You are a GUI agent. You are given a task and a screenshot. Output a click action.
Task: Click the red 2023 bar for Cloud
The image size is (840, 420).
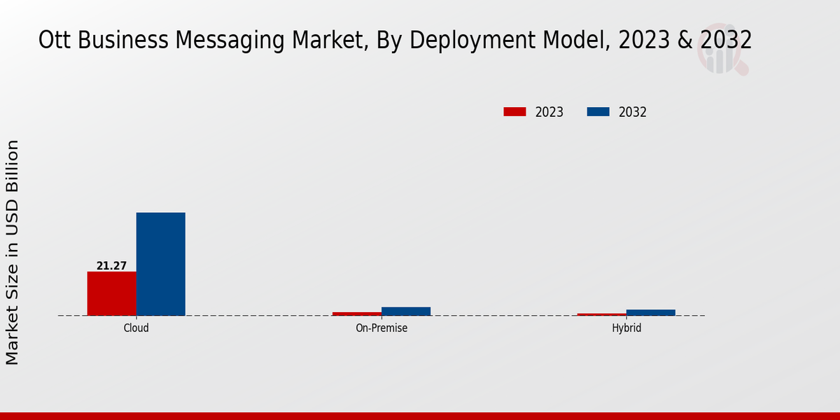click(111, 293)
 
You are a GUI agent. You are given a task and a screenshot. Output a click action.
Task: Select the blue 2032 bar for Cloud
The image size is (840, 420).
click(160, 264)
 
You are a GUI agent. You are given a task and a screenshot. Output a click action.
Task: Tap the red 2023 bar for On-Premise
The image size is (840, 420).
click(356, 314)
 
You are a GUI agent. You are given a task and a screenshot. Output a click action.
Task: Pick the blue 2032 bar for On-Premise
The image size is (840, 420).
click(405, 311)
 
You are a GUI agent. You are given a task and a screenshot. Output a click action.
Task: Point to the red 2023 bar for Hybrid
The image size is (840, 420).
click(601, 314)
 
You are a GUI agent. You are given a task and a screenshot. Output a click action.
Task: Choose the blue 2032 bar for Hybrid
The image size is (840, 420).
click(650, 312)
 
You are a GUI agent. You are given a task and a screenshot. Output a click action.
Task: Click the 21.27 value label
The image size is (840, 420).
click(111, 266)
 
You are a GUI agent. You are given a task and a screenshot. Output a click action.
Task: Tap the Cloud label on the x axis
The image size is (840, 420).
click(136, 328)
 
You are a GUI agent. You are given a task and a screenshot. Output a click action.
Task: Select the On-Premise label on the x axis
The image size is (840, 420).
click(381, 328)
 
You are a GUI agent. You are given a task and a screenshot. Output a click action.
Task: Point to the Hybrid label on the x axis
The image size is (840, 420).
click(626, 328)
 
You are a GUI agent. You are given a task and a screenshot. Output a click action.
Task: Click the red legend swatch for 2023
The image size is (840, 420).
click(514, 112)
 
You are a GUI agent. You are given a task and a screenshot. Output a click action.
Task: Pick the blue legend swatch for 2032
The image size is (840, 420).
click(598, 112)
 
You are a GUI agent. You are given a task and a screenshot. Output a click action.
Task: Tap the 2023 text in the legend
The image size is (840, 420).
click(549, 112)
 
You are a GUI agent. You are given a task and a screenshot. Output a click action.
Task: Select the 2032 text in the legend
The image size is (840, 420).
click(633, 112)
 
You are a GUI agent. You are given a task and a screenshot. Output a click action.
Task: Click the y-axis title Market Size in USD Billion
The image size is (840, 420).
click(13, 252)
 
